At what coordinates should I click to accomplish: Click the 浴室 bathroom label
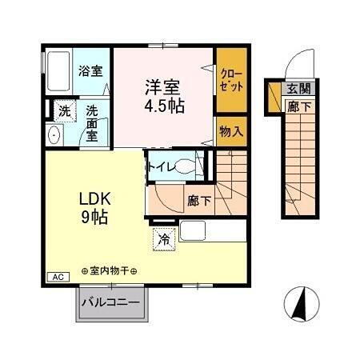[x=90, y=70]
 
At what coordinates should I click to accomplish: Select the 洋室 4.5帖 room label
[x=164, y=94]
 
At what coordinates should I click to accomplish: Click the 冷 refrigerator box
[x=164, y=238]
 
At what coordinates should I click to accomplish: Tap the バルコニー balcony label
[x=112, y=304]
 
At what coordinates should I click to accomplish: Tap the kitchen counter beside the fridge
[x=212, y=232]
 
